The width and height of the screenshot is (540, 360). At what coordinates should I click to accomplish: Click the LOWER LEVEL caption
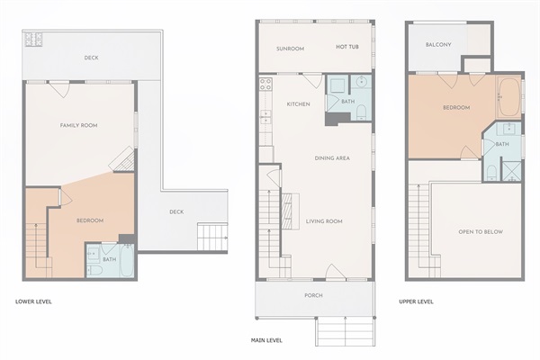point(33,301)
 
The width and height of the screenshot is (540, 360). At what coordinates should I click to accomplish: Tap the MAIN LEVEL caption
point(266,340)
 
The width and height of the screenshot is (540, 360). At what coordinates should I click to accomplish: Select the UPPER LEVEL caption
point(416,301)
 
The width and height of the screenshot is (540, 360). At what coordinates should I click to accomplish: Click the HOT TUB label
point(347,47)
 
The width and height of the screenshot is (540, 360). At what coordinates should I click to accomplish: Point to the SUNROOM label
point(291,49)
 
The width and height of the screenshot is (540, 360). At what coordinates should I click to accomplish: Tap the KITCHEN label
point(298,104)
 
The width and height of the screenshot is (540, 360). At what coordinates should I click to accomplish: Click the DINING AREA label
point(332,158)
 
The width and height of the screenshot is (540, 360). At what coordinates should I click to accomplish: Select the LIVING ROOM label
point(324,221)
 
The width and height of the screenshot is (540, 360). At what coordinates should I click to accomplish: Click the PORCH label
point(313,295)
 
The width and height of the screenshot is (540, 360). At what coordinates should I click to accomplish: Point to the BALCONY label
point(438,44)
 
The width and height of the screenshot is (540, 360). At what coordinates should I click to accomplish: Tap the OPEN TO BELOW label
point(481,232)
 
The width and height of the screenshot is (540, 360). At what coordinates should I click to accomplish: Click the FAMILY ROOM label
point(78,125)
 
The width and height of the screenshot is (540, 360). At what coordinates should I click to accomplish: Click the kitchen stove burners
point(265,85)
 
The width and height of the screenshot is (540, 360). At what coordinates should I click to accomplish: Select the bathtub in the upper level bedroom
point(509,97)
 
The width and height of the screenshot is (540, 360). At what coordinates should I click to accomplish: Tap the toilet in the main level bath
point(361,113)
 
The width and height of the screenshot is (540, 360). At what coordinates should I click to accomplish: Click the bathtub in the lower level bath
point(126,260)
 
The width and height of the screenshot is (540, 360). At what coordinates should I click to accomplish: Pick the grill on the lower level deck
point(33,40)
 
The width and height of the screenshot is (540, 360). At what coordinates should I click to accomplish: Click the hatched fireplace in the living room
point(286,211)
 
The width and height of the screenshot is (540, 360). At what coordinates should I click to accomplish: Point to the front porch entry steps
point(345,332)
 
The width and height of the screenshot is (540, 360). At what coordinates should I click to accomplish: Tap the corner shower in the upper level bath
point(511,170)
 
